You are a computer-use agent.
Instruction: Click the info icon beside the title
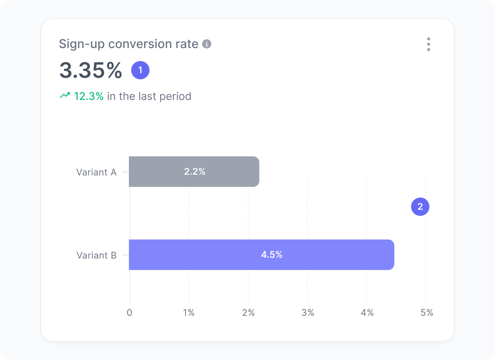pyautogui.click(x=207, y=44)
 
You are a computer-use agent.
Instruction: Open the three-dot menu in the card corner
pyautogui.click(x=429, y=44)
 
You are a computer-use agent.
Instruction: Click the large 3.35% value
pyautogui.click(x=91, y=71)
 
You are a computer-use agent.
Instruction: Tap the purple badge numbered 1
pyautogui.click(x=140, y=70)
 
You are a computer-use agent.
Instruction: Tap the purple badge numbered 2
pyautogui.click(x=420, y=206)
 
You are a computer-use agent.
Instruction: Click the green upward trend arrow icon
pyautogui.click(x=65, y=95)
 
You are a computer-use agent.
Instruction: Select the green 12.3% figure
pyautogui.click(x=88, y=96)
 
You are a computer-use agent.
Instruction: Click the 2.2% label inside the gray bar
pyautogui.click(x=194, y=172)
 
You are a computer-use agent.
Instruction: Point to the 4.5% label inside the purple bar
pyautogui.click(x=272, y=255)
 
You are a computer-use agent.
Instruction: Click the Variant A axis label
pyautogui.click(x=96, y=172)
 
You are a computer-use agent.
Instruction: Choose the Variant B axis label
pyautogui.click(x=96, y=256)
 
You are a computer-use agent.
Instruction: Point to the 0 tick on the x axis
pyautogui.click(x=130, y=313)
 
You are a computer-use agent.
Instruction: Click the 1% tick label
pyautogui.click(x=189, y=313)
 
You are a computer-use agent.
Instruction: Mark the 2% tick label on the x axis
pyautogui.click(x=248, y=313)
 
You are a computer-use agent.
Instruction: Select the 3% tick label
pyautogui.click(x=308, y=313)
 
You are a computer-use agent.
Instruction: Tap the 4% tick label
pyautogui.click(x=367, y=313)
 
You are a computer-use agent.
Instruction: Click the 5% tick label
pyautogui.click(x=427, y=313)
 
